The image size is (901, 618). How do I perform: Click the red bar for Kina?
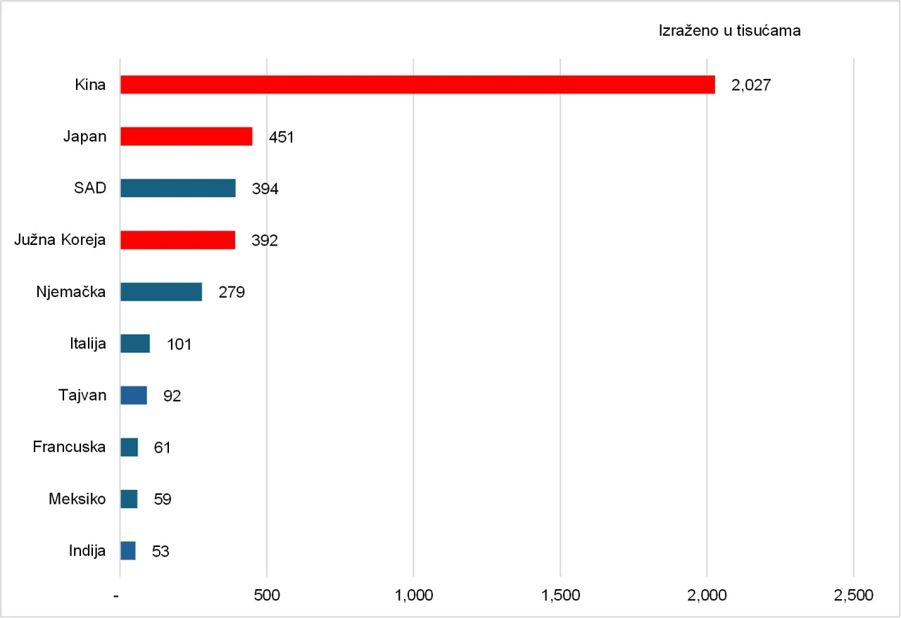point(417,84)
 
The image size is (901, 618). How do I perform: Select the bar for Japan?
point(187,137)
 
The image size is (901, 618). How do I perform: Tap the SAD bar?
point(178,189)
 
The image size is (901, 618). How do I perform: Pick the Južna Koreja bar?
point(177,240)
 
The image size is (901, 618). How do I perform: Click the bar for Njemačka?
point(161,292)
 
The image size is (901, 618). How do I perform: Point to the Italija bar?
point(135,343)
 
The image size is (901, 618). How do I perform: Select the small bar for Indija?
point(128,550)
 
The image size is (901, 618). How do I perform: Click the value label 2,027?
point(752,85)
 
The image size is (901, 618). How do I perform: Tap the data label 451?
point(281,137)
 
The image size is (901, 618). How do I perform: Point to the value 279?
point(232,292)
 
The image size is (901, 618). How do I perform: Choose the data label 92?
point(172,396)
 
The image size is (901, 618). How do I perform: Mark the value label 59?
point(163,500)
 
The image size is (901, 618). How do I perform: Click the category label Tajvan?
point(82,395)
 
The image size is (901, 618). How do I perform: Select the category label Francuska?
point(70,447)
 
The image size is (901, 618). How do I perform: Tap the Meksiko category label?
point(77,499)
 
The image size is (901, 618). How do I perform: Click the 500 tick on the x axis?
point(267,595)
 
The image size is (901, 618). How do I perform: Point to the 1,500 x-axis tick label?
point(560,595)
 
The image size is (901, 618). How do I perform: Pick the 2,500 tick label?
point(853,595)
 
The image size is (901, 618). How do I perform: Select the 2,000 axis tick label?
point(707,595)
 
